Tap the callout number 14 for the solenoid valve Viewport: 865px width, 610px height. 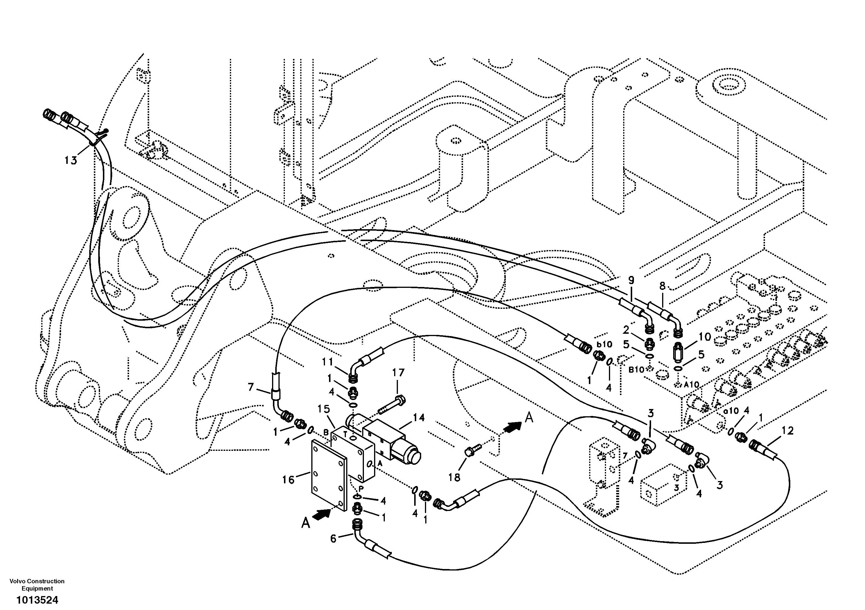pos(419,418)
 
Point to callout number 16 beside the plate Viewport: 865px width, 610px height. pos(288,480)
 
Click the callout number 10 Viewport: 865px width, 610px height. pos(705,337)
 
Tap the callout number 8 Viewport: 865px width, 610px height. pos(663,286)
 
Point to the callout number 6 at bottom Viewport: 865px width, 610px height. pos(333,539)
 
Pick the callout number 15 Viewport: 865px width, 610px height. pos(324,409)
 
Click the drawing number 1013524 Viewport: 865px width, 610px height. pos(37,600)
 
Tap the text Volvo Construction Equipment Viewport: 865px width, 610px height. pos(37,585)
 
